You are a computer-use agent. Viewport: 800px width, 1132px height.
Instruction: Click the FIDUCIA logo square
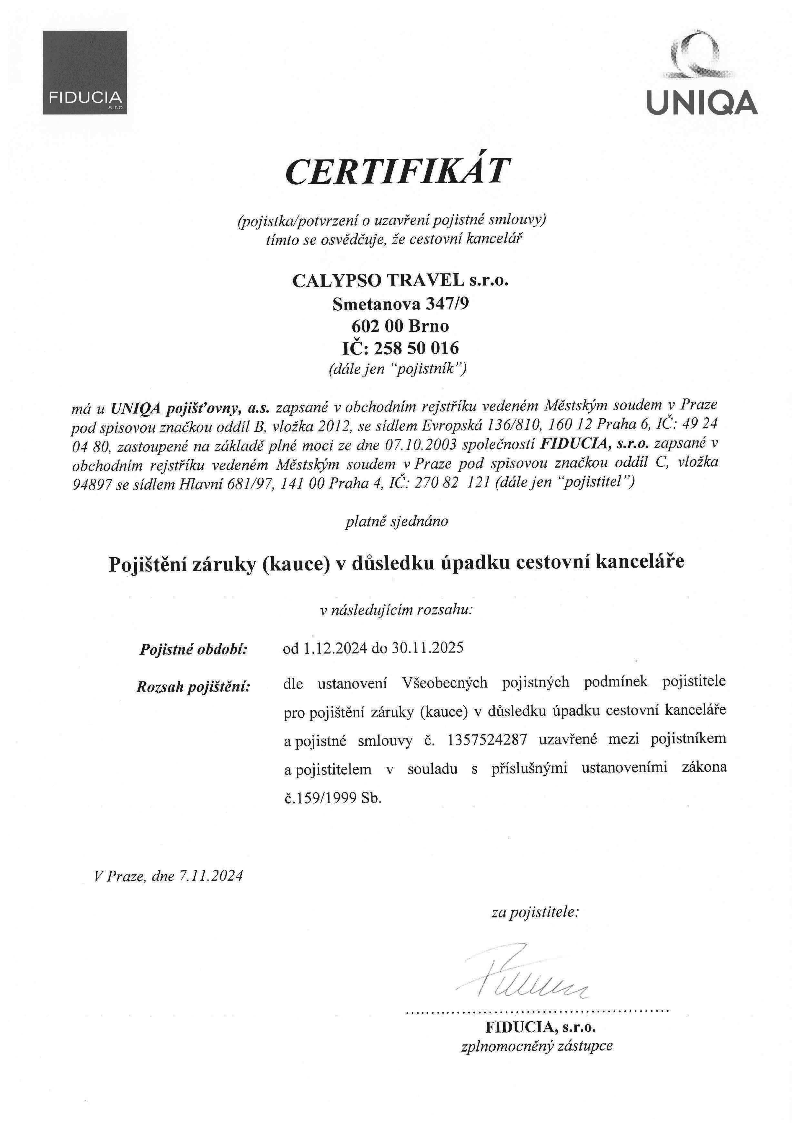pyautogui.click(x=85, y=73)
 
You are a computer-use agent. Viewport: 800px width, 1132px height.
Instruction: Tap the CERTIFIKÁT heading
pyautogui.click(x=397, y=171)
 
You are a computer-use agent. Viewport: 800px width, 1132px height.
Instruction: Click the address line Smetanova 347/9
pyautogui.click(x=400, y=303)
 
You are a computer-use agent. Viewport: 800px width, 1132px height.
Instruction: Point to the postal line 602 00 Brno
pyautogui.click(x=400, y=326)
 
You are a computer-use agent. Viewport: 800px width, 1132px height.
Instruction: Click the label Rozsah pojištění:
pyautogui.click(x=193, y=687)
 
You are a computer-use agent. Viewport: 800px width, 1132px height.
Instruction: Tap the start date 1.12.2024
pyautogui.click(x=335, y=648)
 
